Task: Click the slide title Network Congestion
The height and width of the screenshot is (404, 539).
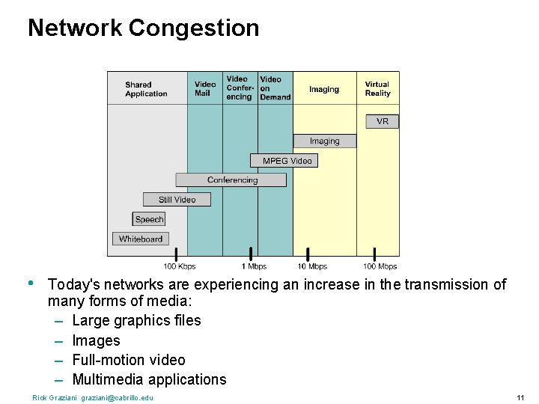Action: pyautogui.click(x=143, y=28)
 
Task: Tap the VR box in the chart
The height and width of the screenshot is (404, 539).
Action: pyautogui.click(x=383, y=121)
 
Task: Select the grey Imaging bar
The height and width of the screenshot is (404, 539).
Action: pyautogui.click(x=324, y=141)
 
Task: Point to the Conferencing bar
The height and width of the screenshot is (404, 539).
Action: pyautogui.click(x=231, y=180)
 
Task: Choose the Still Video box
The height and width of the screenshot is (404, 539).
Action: pyautogui.click(x=177, y=200)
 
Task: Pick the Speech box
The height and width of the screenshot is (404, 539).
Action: pyautogui.click(x=149, y=219)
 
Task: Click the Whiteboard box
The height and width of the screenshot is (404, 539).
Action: pyautogui.click(x=141, y=239)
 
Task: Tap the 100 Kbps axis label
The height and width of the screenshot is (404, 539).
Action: pyautogui.click(x=180, y=266)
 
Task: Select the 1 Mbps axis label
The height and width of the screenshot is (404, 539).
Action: pyautogui.click(x=254, y=266)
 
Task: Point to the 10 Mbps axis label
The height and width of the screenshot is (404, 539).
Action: pyautogui.click(x=312, y=266)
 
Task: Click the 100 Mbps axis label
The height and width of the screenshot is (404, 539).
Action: pyautogui.click(x=380, y=266)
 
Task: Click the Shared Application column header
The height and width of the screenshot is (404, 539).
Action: pyautogui.click(x=146, y=89)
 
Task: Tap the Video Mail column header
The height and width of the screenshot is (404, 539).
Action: pyautogui.click(x=204, y=89)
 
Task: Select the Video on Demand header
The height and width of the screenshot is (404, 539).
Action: pyautogui.click(x=275, y=88)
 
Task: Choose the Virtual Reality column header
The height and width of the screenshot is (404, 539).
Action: pyautogui.click(x=377, y=89)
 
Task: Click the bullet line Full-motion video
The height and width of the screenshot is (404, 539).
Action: pyautogui.click(x=128, y=360)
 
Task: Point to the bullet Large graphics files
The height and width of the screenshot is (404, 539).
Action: pyautogui.click(x=136, y=320)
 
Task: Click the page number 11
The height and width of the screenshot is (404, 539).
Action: pyautogui.click(x=520, y=397)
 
